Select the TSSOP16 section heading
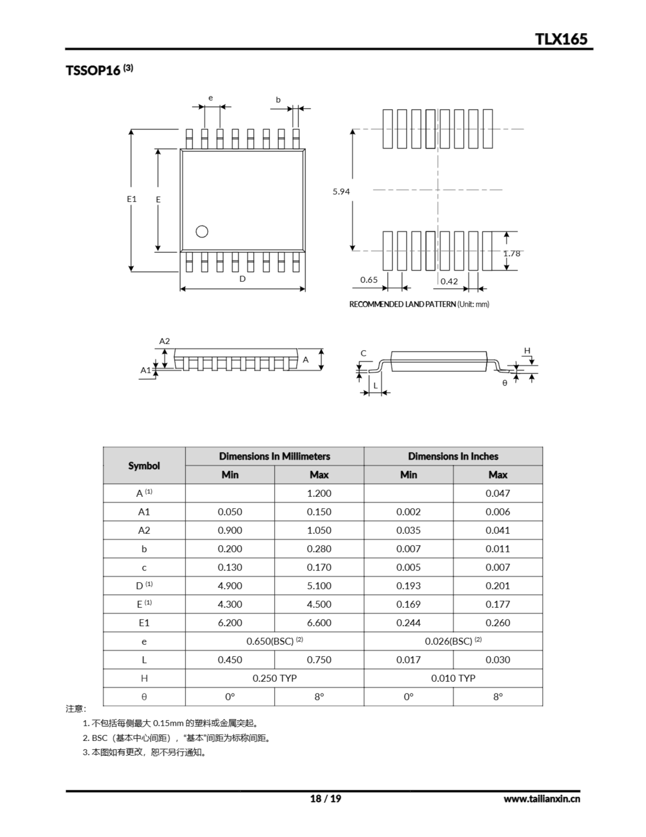tap(93, 71)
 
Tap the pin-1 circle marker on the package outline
tap(202, 231)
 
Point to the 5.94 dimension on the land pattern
tap(341, 191)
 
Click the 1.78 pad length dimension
tap(511, 253)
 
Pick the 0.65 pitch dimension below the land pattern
tap(369, 280)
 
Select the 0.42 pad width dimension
tap(449, 281)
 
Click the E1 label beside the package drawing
tap(132, 199)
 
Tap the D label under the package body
tap(242, 279)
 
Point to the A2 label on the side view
tap(164, 341)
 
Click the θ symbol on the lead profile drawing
tap(505, 383)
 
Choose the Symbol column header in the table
tap(144, 466)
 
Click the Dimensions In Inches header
tap(453, 456)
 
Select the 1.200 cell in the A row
tap(319, 493)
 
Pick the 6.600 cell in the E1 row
tap(319, 623)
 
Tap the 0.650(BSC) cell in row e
tap(274, 641)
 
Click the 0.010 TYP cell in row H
tap(453, 678)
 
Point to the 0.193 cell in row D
tap(408, 586)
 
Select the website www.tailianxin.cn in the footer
tap(541, 799)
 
